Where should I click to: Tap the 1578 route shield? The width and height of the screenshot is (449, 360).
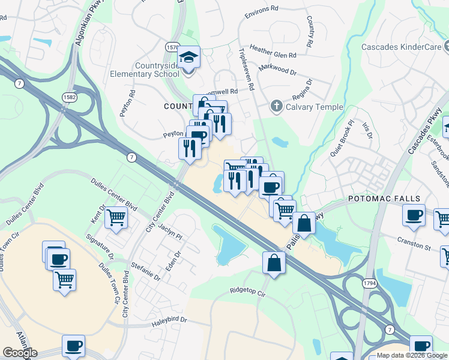click(172, 46)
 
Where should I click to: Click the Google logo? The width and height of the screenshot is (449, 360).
click(20, 353)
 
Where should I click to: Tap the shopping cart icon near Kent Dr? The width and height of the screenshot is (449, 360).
click(115, 217)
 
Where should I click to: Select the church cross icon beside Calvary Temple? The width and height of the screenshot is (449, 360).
click(276, 107)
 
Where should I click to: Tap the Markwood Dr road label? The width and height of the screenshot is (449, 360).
click(277, 70)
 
